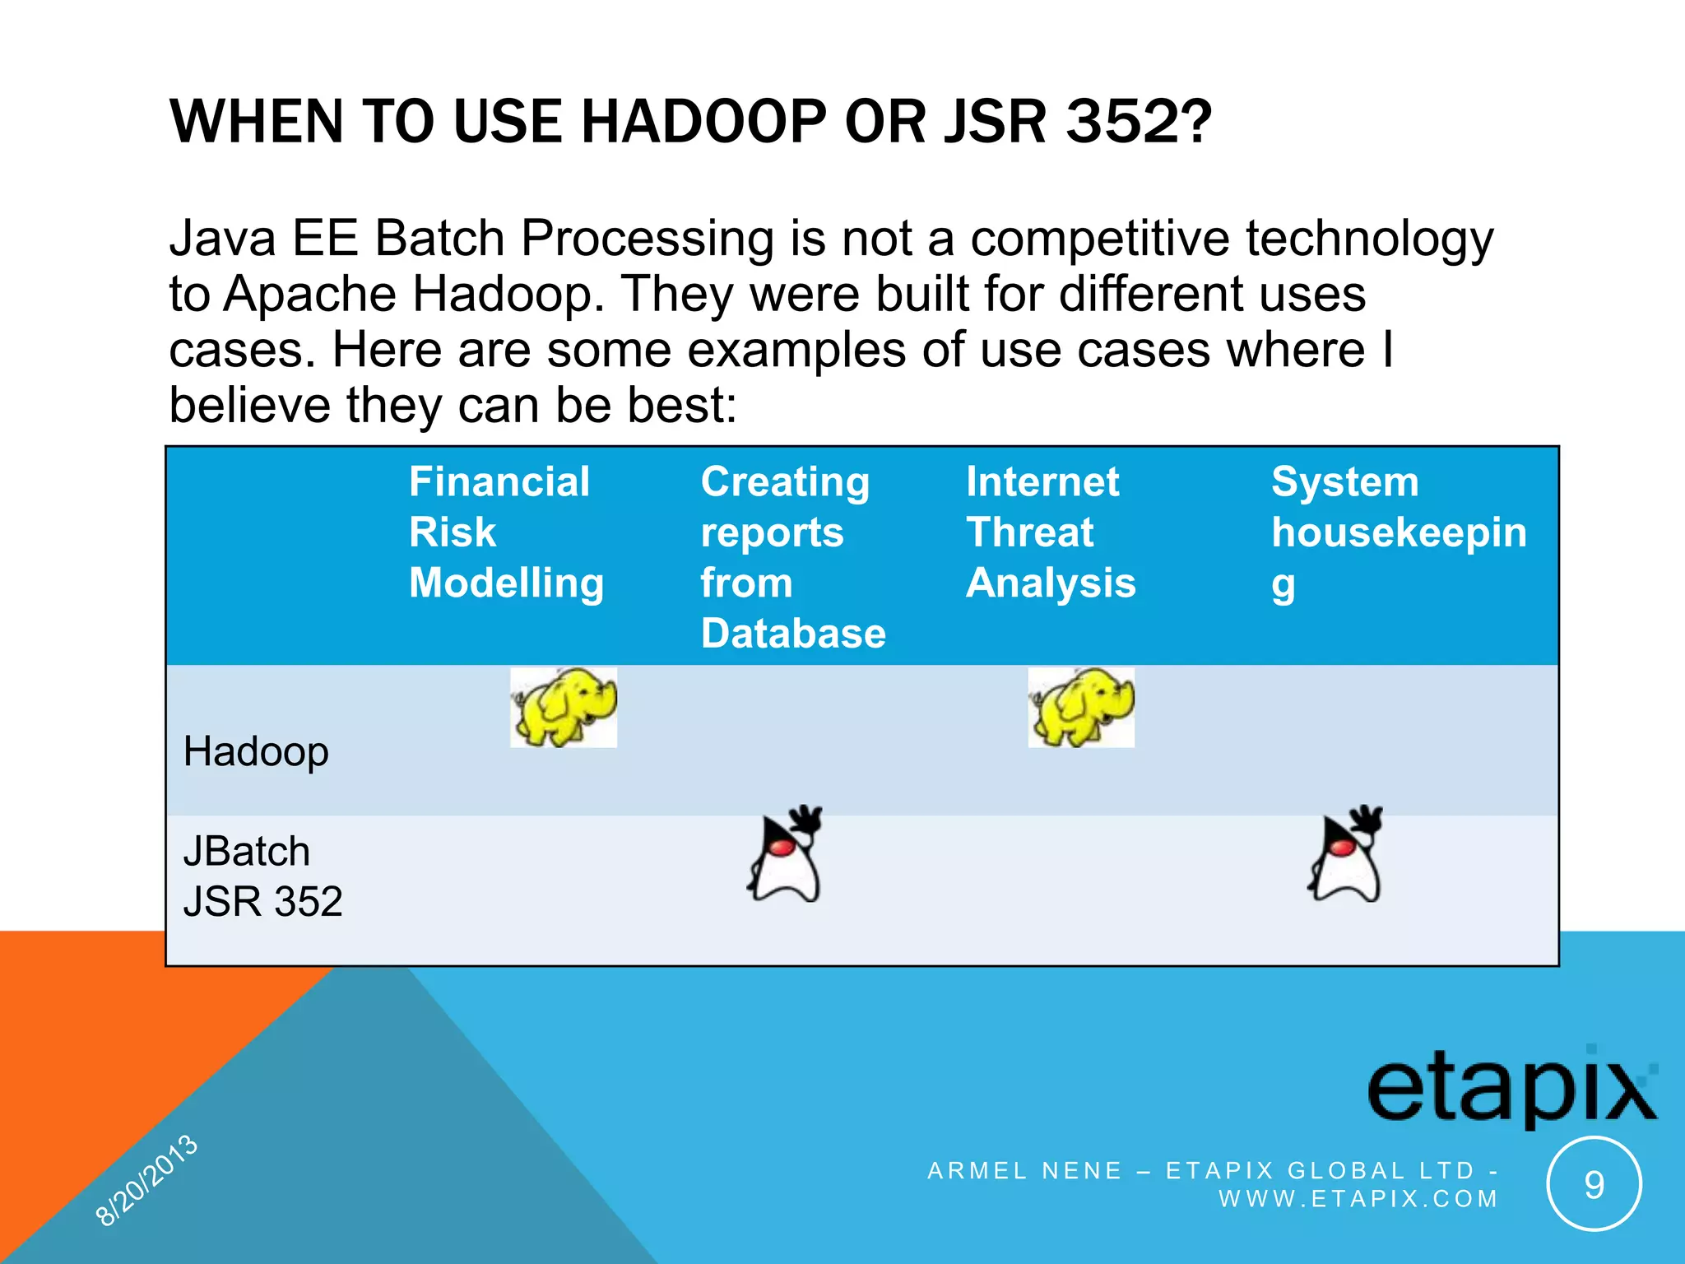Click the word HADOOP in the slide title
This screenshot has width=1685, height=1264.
pyautogui.click(x=703, y=122)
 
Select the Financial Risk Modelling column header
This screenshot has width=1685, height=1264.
pyautogui.click(x=506, y=532)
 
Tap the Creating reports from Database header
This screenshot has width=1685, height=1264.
pyautogui.click(x=792, y=556)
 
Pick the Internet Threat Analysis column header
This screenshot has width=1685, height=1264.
pyautogui.click(x=1050, y=532)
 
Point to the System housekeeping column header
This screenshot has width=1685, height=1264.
pyautogui.click(x=1398, y=532)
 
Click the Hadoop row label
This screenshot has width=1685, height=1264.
pyautogui.click(x=256, y=751)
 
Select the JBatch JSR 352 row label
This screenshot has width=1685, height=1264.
pyautogui.click(x=262, y=876)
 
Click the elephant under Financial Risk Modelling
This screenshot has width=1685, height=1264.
pyautogui.click(x=564, y=707)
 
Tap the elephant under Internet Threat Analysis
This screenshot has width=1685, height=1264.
pyautogui.click(x=1081, y=707)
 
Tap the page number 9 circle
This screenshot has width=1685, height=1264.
pyautogui.click(x=1594, y=1184)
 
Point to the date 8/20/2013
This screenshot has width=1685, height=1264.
pyautogui.click(x=147, y=1180)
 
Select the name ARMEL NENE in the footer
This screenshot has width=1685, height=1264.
pyautogui.click(x=1024, y=1170)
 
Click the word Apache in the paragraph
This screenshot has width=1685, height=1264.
pyautogui.click(x=310, y=294)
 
